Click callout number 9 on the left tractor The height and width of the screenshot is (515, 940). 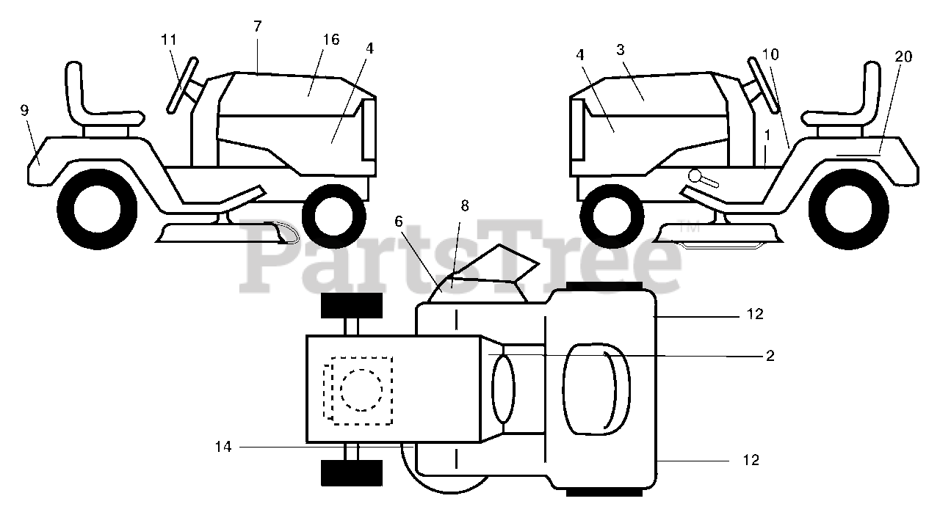point(24,111)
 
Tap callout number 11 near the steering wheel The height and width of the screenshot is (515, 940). point(169,40)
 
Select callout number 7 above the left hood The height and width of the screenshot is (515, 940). point(257,26)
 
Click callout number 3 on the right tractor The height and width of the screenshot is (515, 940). point(621,50)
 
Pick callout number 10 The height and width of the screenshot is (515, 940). point(770,55)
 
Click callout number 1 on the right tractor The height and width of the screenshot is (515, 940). point(767,136)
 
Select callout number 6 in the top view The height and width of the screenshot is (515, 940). point(399,222)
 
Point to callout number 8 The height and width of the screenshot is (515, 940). point(464,206)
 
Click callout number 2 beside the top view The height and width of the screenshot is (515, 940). point(770,356)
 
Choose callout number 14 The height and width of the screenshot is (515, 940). point(223,446)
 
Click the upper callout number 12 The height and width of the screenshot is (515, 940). point(754,314)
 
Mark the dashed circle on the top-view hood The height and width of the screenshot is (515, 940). point(361,390)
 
